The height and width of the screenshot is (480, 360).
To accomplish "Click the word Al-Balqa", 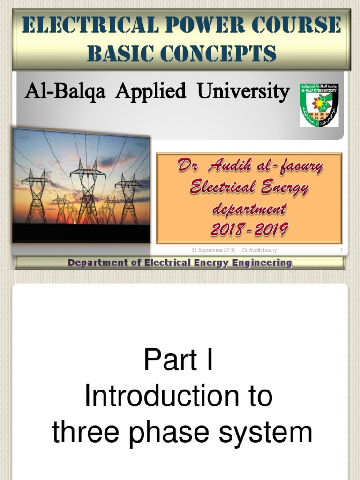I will (x=66, y=91).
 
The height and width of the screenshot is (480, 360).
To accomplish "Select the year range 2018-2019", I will (x=249, y=230).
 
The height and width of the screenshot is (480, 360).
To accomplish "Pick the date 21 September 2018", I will (x=213, y=250).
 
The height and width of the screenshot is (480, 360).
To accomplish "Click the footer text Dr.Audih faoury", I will (x=259, y=250).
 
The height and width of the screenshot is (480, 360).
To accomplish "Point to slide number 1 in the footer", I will (x=341, y=250).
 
